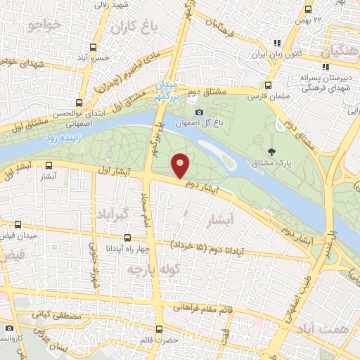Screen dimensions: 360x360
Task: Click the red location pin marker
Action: pos(181,165)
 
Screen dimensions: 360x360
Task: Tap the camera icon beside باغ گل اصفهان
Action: pos(199,112)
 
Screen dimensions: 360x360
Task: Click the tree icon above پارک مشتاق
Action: pos(272,150)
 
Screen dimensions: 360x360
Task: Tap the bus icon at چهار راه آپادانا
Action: pos(127,238)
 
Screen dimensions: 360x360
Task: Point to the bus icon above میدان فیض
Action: pos(18,225)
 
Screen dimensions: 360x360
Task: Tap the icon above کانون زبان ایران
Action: pos(279,41)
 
